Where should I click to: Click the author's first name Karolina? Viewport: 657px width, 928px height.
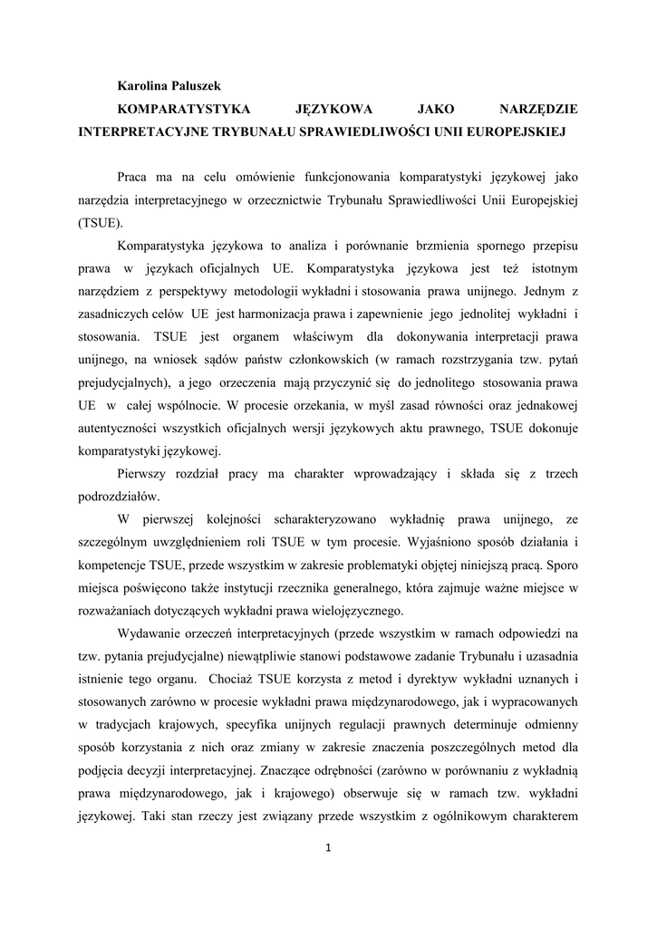click(x=145, y=85)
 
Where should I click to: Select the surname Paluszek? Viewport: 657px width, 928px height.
click(x=205, y=85)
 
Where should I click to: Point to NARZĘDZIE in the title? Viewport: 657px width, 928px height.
click(x=538, y=109)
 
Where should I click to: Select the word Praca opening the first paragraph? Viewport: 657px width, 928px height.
click(x=135, y=175)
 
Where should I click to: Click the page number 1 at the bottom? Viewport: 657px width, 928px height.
click(x=329, y=847)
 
